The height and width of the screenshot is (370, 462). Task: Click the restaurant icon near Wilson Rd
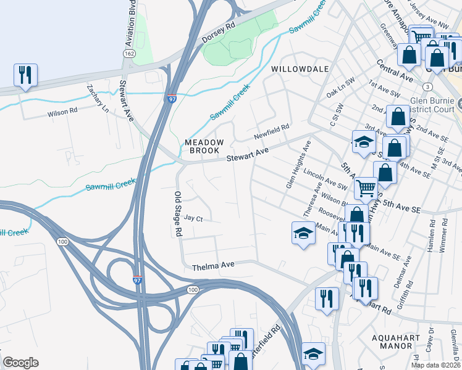point(25,75)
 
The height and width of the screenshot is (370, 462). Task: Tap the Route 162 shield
point(128,54)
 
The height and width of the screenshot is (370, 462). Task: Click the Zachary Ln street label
point(97,98)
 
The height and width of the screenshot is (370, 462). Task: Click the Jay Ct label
point(193,218)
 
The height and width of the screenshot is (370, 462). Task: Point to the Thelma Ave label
point(213,266)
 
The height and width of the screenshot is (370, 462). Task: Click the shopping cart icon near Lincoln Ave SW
point(366,187)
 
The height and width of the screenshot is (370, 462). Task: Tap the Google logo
point(20,363)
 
